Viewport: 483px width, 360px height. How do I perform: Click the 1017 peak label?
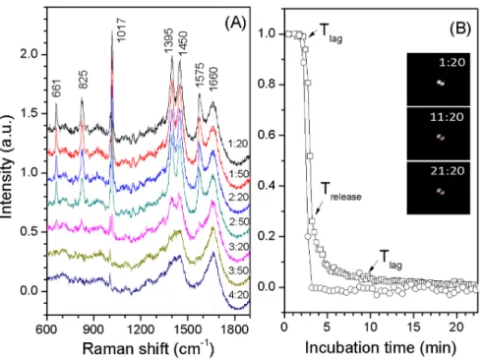(x=121, y=30)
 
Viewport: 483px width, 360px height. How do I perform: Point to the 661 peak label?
(x=57, y=89)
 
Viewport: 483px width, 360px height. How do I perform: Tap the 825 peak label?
(x=83, y=80)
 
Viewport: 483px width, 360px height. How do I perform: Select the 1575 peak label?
(x=200, y=75)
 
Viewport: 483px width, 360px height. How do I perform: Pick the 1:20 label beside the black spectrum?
(x=238, y=144)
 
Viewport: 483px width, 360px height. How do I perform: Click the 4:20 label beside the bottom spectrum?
(x=239, y=295)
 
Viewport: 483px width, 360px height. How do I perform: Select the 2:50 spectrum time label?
(x=239, y=221)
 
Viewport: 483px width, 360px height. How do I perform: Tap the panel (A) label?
(x=235, y=24)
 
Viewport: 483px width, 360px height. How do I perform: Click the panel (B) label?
(x=460, y=29)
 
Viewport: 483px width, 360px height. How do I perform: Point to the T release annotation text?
(x=340, y=192)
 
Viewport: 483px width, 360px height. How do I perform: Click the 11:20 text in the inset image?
(x=447, y=117)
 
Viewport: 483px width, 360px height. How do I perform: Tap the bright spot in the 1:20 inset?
(x=441, y=83)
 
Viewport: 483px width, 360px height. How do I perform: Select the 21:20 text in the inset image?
(x=448, y=171)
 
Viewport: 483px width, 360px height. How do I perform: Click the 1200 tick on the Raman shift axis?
(x=141, y=329)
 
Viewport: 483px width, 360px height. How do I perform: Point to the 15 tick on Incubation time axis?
(x=413, y=327)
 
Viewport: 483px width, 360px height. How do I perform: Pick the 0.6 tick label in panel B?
(x=268, y=135)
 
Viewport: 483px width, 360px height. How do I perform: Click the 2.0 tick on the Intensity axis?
(x=30, y=54)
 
